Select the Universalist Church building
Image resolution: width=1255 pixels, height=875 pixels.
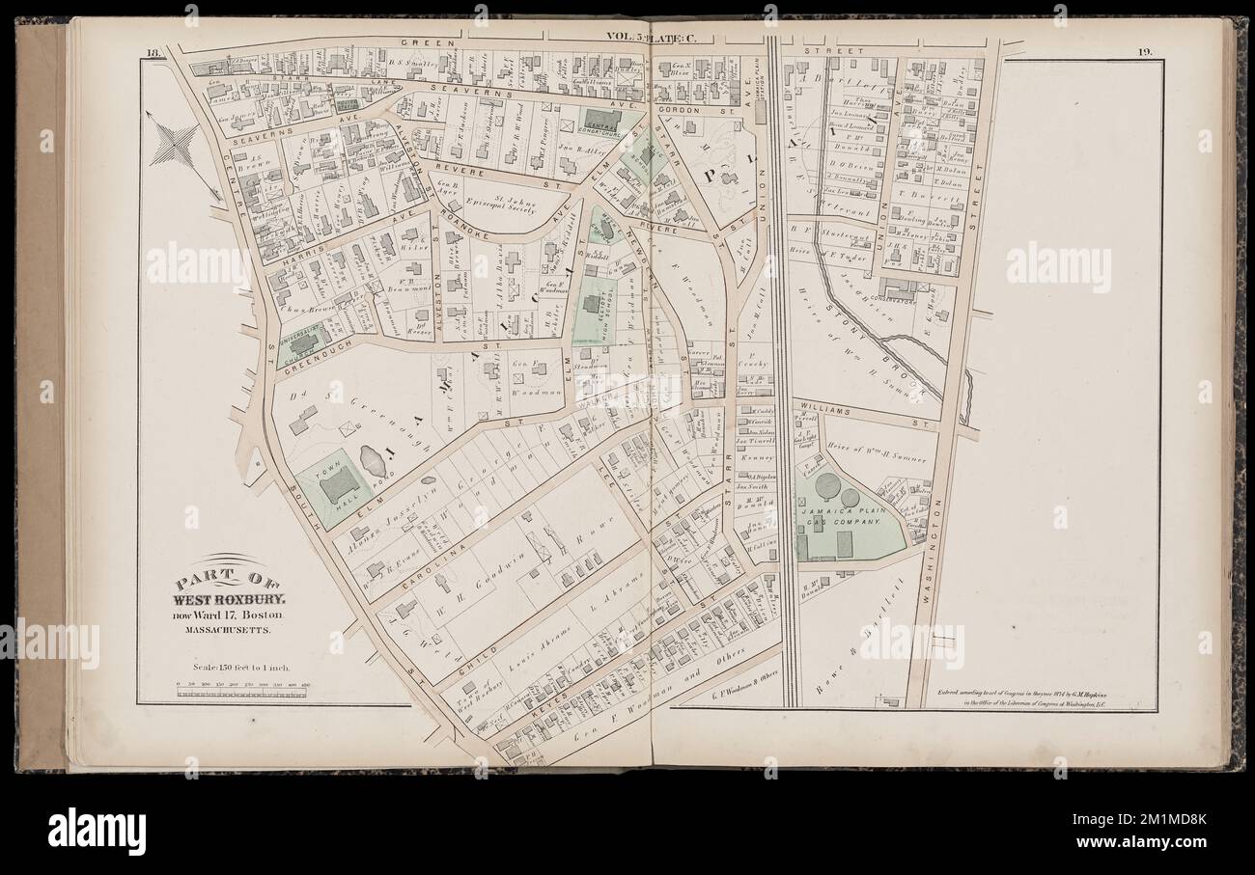click(x=303, y=344)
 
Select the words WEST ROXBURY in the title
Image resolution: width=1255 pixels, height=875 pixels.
click(x=225, y=599)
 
